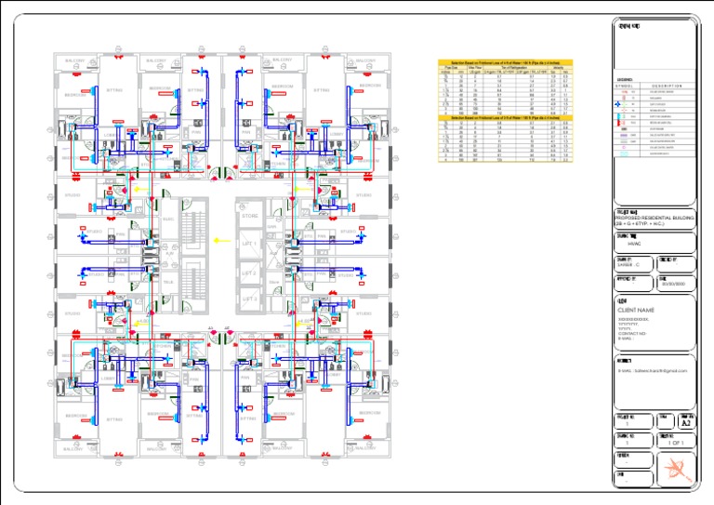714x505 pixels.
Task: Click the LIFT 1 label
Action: pyautogui.click(x=248, y=244)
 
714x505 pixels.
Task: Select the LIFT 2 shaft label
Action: pyautogui.click(x=248, y=273)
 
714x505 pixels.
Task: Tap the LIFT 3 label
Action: pyautogui.click(x=248, y=299)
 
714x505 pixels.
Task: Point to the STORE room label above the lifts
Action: pyautogui.click(x=249, y=216)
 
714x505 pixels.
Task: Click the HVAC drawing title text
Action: pyautogui.click(x=636, y=244)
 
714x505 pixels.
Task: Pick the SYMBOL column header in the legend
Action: pyautogui.click(x=625, y=86)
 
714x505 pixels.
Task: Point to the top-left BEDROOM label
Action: pyautogui.click(x=74, y=95)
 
